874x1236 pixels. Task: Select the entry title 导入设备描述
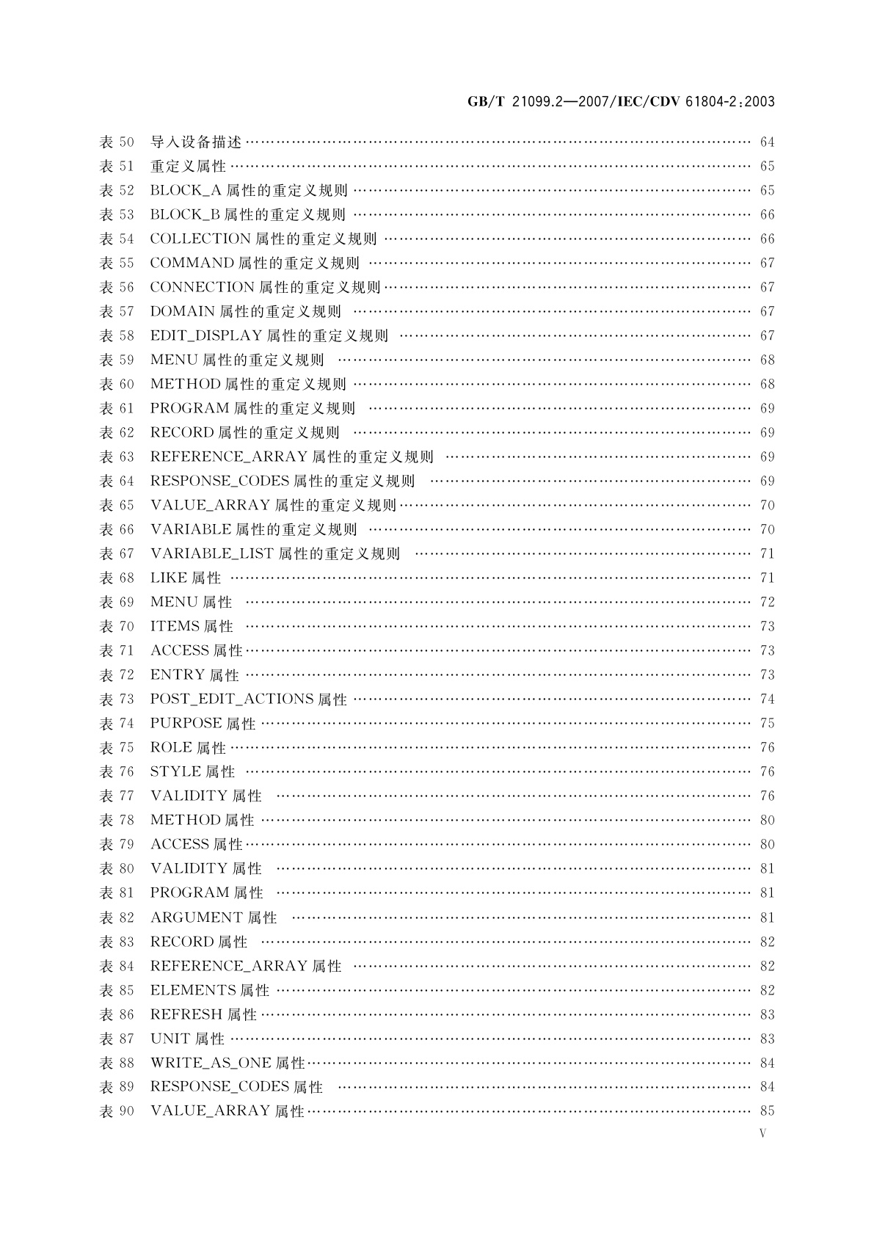pos(196,142)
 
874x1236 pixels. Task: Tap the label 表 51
pos(117,166)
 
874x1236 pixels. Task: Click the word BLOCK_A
pos(186,190)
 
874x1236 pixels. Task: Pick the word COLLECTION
pos(200,239)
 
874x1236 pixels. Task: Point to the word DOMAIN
pos(182,311)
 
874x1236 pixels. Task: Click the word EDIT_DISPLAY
pos(206,335)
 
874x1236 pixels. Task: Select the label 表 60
pos(117,384)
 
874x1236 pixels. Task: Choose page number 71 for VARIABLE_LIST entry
pos(767,553)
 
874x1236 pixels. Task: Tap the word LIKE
pos(168,578)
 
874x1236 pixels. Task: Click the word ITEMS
pos(175,626)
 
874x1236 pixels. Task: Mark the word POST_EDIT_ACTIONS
pos(232,699)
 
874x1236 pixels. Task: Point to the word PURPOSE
pos(186,723)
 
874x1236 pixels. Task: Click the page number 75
pos(767,723)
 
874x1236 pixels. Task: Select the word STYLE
pos(175,771)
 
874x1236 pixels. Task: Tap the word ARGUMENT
pos(196,917)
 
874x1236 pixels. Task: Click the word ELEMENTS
pos(193,990)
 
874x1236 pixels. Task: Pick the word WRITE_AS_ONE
pos(211,1063)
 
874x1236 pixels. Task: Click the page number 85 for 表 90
pos(767,1110)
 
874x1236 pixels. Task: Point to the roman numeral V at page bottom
pos(763,1133)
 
